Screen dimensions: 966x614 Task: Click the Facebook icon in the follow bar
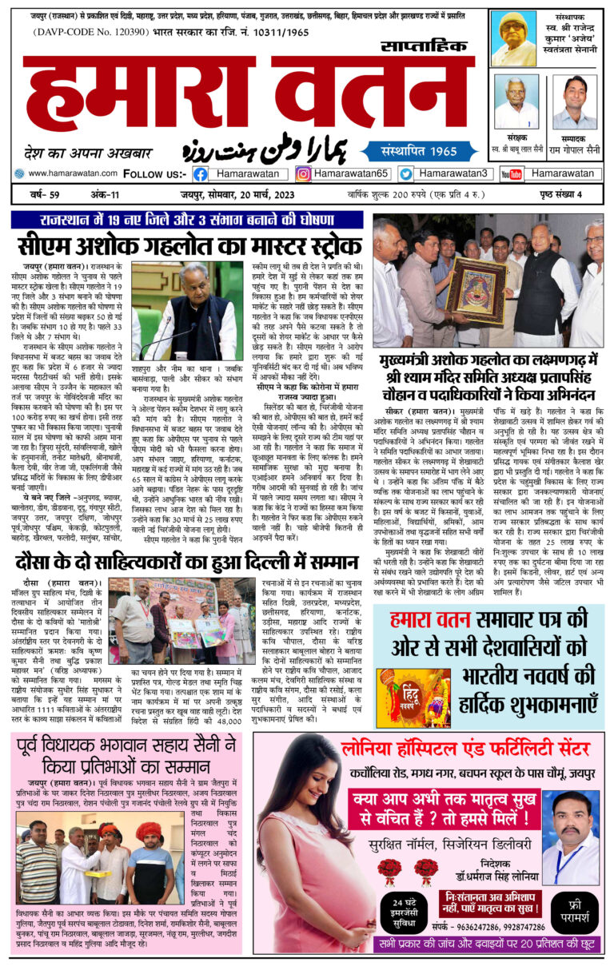[x=201, y=173]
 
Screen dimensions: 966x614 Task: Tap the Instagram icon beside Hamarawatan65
[x=303, y=173]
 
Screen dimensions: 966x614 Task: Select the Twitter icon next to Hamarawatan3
[x=406, y=173]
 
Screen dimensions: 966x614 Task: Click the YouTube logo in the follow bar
[x=512, y=173]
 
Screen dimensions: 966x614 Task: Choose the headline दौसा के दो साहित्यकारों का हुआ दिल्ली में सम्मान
[x=187, y=563]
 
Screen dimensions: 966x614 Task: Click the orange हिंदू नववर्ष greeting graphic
[x=413, y=698]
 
